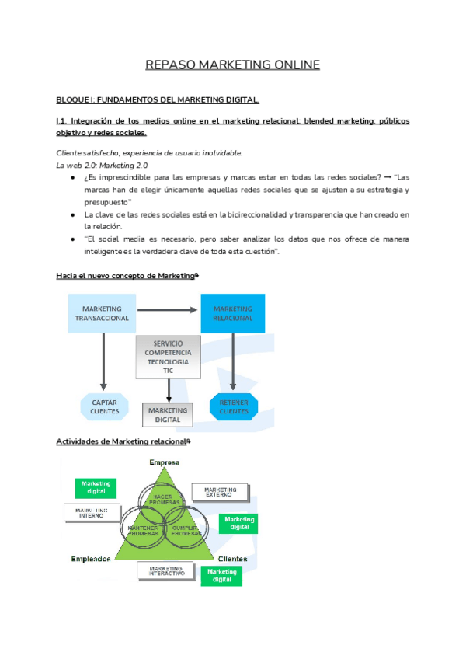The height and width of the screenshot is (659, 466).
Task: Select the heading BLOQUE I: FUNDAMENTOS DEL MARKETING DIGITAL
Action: (x=158, y=100)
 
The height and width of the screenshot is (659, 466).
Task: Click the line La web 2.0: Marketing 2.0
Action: (x=102, y=166)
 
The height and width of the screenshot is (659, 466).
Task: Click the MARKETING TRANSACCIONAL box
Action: (x=102, y=313)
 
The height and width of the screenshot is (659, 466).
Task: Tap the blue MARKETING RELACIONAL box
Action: (x=232, y=313)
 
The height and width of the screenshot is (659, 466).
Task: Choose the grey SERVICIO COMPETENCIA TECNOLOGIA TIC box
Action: (x=168, y=357)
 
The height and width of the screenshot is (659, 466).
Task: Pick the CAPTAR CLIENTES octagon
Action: (x=104, y=406)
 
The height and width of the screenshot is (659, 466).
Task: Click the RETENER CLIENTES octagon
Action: (x=233, y=406)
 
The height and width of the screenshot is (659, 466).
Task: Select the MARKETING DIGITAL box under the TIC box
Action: (x=168, y=414)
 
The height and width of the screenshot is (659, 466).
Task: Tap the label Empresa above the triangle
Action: (x=165, y=463)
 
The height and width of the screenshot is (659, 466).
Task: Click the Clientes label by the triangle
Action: (x=233, y=559)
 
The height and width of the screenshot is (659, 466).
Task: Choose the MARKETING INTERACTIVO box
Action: (x=167, y=571)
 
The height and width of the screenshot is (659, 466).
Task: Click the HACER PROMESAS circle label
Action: (x=163, y=498)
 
